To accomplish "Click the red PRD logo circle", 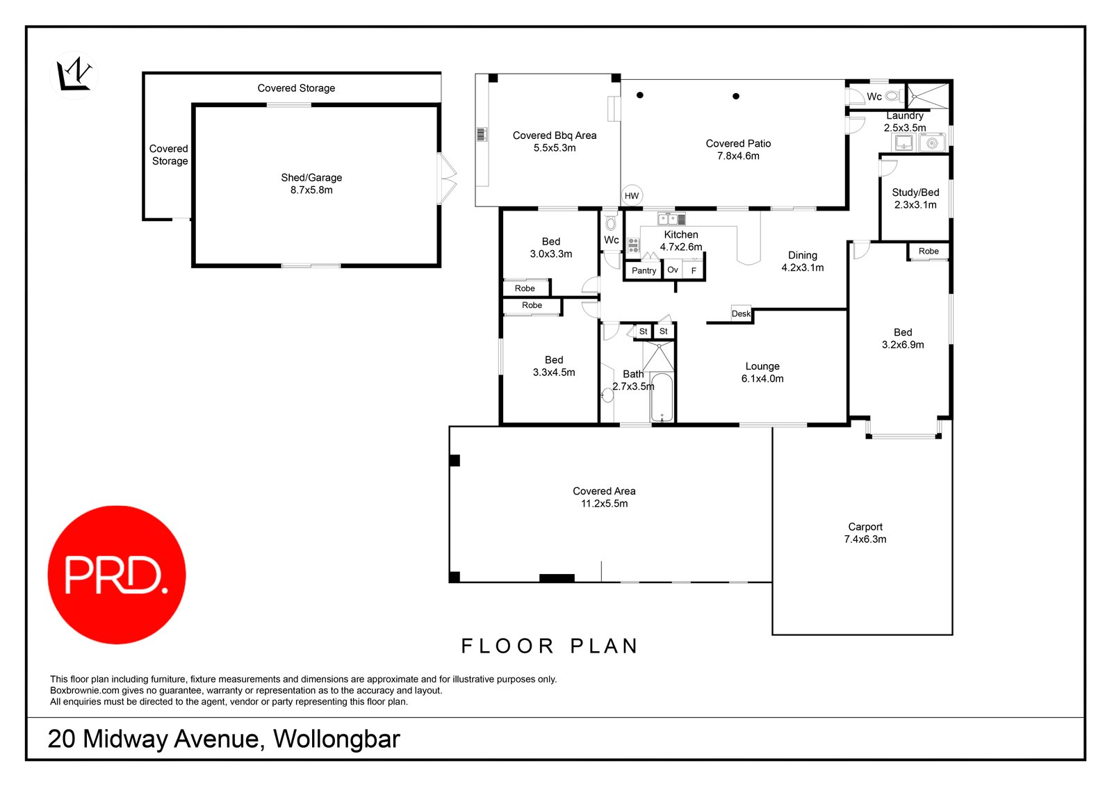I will tap(117, 574).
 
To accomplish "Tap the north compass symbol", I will tap(74, 74).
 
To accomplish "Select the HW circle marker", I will tap(631, 196).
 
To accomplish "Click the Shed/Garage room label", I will tap(311, 178).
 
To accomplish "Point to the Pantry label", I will tap(644, 270).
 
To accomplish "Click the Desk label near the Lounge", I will tap(741, 313).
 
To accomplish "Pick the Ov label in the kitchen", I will tap(672, 270).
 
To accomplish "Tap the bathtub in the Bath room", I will tap(662, 398).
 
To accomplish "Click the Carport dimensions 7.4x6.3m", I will tap(865, 539).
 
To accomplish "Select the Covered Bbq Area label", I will tap(554, 136).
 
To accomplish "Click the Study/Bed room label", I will tap(915, 193).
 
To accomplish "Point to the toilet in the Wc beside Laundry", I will tap(893, 96).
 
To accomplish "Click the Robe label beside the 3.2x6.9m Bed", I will tap(928, 251).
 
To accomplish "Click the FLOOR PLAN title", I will tap(550, 646).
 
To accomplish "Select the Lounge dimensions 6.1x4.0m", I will tap(762, 379).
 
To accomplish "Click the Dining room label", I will tap(802, 255).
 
